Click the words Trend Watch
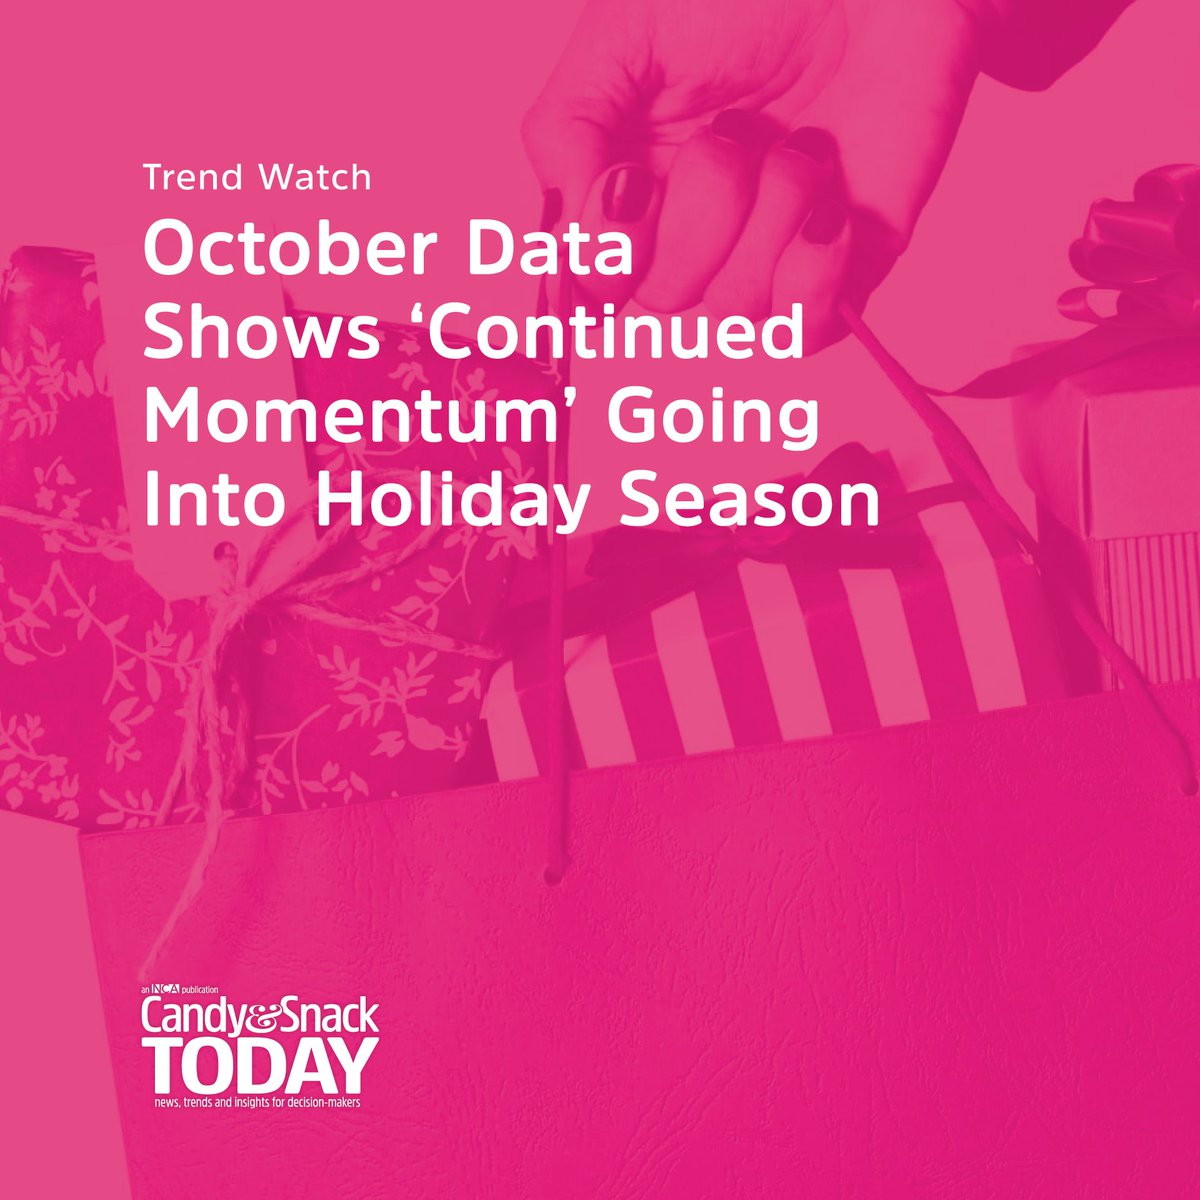click(x=257, y=178)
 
